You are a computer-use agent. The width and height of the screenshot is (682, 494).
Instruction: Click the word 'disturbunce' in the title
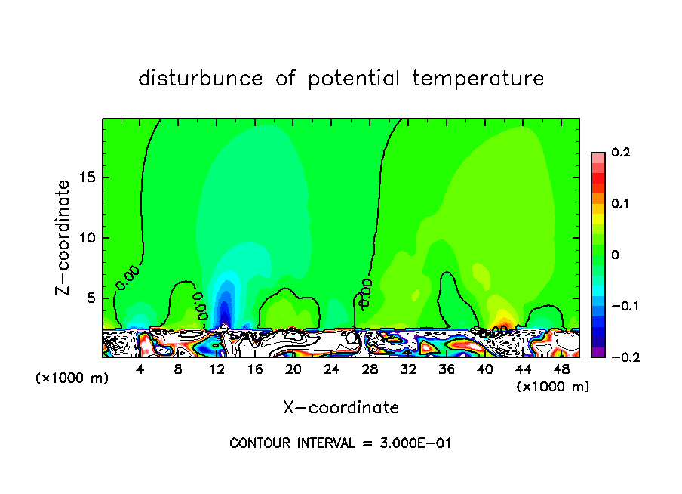point(201,79)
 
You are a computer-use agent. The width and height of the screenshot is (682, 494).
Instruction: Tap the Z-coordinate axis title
point(65,237)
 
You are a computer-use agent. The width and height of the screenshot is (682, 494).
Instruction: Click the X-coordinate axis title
point(341,408)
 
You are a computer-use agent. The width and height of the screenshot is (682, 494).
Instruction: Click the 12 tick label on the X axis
point(217,369)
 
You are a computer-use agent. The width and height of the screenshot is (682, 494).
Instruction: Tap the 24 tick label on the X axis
point(331,369)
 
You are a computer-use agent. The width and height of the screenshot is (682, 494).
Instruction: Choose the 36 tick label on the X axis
point(447,369)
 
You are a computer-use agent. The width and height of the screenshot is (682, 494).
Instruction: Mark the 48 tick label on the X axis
point(561,369)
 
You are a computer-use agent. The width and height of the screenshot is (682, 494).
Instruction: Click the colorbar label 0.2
point(620,153)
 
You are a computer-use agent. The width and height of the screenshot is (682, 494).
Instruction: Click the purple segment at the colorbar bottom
point(598,352)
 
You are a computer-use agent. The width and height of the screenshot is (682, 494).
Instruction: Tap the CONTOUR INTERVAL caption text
point(340,443)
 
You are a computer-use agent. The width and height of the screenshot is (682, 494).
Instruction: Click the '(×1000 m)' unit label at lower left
point(72,378)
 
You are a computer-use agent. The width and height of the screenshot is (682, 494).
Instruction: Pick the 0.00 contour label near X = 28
point(365,293)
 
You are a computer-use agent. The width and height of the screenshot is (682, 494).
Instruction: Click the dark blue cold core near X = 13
point(223,310)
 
